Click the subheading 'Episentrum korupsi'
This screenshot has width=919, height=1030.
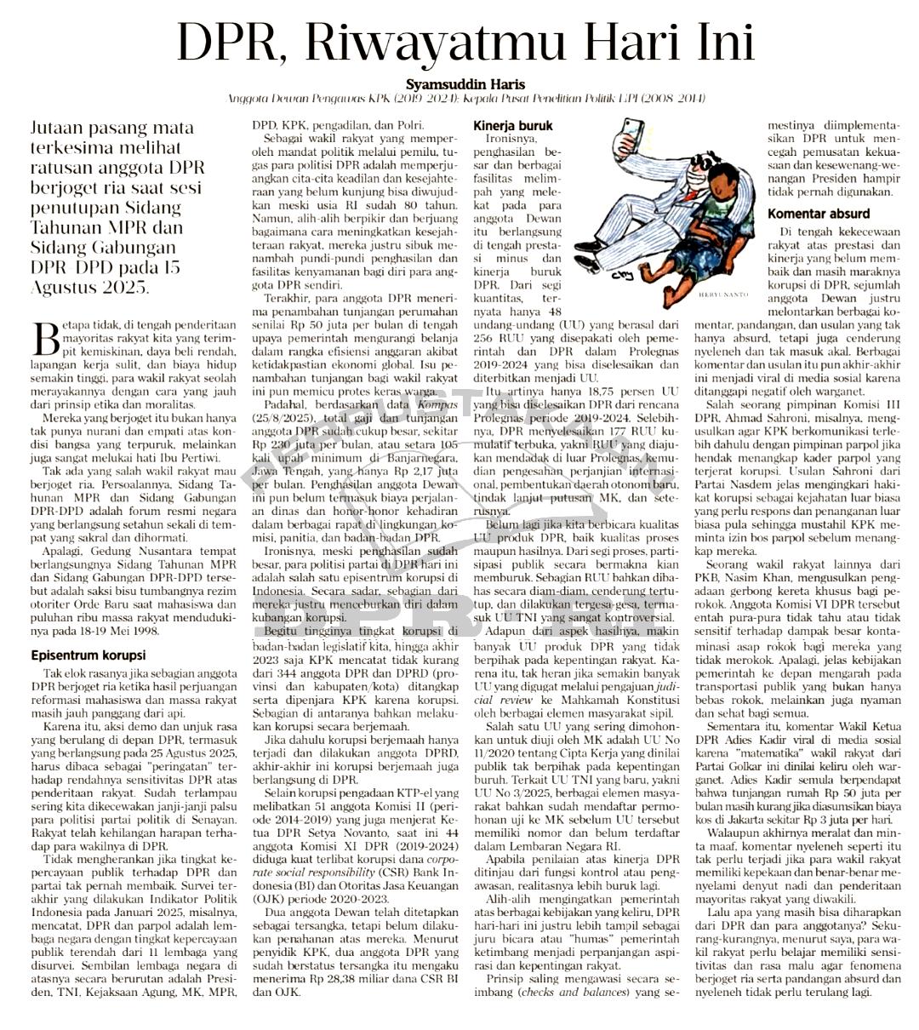click(x=88, y=655)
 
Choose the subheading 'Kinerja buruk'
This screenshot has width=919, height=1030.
click(x=512, y=125)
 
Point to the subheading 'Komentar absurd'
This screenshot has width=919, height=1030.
click(x=819, y=214)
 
